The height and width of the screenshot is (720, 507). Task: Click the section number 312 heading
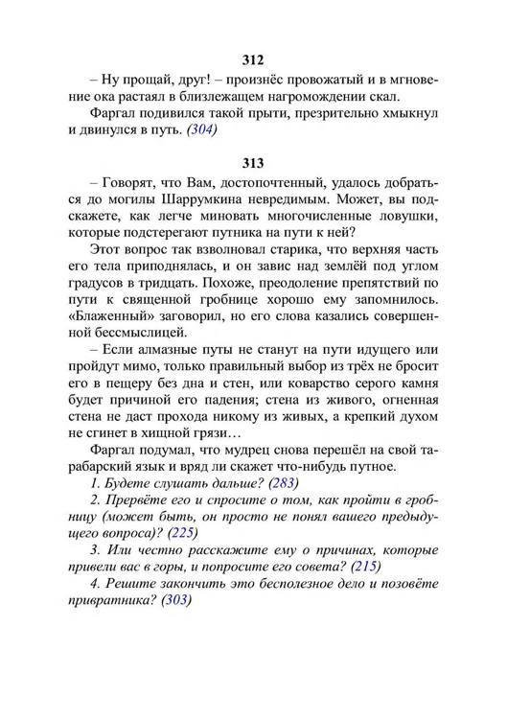pyautogui.click(x=253, y=60)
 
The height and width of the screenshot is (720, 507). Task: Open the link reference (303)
pyautogui.click(x=173, y=601)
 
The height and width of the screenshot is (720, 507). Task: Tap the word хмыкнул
pyautogui.click(x=409, y=112)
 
